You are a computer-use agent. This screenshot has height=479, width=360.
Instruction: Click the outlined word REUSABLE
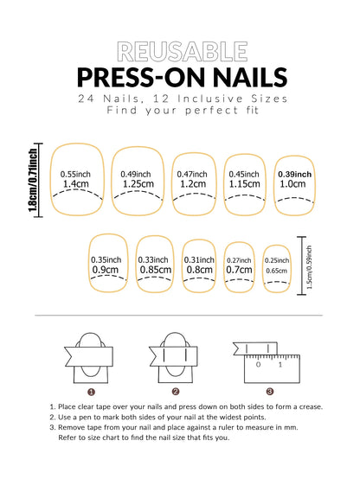180,52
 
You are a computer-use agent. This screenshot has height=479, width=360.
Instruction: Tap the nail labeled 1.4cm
75,180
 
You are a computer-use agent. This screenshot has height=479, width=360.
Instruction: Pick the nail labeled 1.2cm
193,180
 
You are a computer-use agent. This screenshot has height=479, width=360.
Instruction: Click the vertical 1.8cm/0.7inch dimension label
32,181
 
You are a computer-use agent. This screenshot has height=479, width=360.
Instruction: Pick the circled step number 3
269,391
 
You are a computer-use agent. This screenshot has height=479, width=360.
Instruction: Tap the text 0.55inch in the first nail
75,174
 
